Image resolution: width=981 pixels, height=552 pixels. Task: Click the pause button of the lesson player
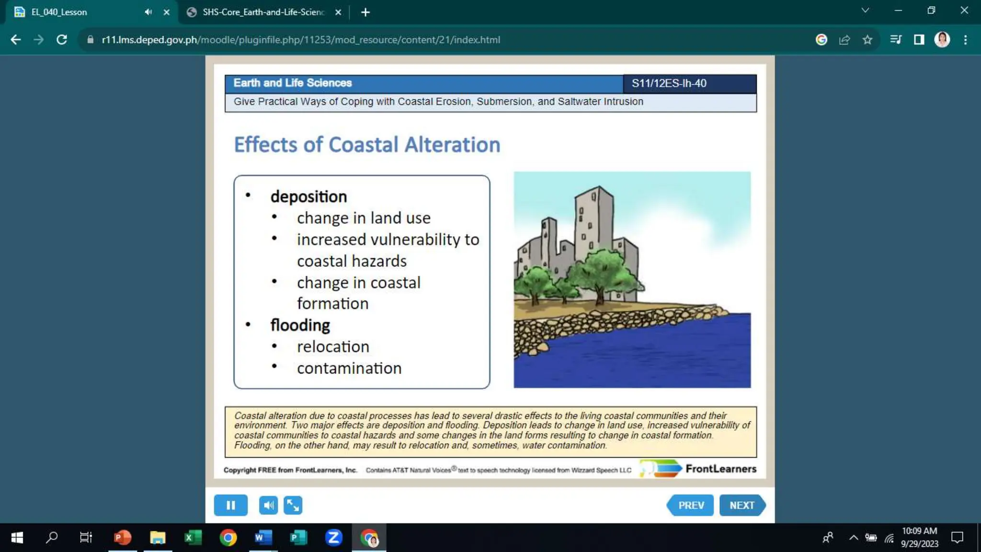pos(230,505)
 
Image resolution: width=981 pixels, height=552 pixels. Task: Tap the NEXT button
pos(741,505)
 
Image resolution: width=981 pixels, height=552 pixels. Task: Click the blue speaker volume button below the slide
pos(268,505)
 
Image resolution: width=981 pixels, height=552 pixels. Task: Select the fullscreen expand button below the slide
pos(293,505)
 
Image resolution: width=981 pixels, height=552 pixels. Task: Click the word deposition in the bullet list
pos(308,196)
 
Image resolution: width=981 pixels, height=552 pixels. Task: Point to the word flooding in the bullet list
pos(300,325)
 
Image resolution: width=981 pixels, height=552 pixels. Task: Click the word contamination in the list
pos(349,368)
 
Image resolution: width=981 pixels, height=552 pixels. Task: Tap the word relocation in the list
pos(333,346)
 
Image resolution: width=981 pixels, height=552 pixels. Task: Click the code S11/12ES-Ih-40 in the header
pos(669,83)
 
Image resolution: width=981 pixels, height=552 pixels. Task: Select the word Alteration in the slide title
pos(452,145)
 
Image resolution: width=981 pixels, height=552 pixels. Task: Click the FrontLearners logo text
pos(720,469)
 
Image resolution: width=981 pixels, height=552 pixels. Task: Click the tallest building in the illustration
pos(593,220)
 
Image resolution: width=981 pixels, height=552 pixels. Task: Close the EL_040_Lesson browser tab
pos(166,12)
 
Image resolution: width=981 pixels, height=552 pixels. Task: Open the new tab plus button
pos(365,12)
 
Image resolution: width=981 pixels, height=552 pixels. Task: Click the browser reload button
pos(62,40)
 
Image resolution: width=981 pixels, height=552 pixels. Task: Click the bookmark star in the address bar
pos(867,40)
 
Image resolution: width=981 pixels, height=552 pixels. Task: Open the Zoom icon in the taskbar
pos(333,538)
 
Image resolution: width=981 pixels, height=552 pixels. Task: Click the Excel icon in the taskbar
pos(193,538)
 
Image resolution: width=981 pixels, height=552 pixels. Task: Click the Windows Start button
pos(17,538)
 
